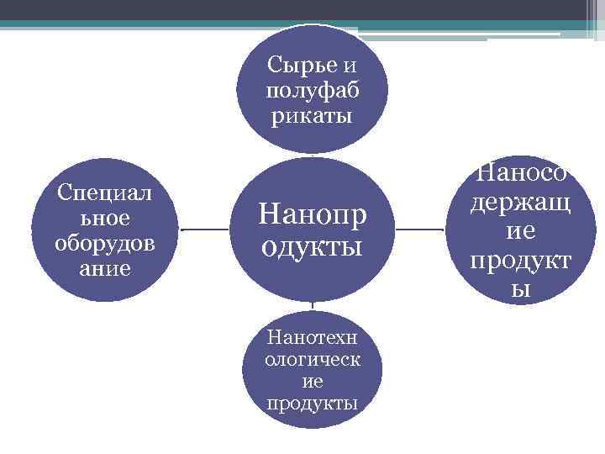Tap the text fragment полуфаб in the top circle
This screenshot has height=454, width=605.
tap(312, 89)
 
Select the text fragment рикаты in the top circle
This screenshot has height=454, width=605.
tap(312, 114)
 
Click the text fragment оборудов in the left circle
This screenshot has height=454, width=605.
tap(106, 244)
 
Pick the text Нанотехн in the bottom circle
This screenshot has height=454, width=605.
tap(312, 338)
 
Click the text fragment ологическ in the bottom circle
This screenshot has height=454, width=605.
tap(312, 360)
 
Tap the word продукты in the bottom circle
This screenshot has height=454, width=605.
tap(312, 403)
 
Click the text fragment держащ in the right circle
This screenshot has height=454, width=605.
tap(522, 203)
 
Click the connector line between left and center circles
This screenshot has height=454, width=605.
tap(205, 229)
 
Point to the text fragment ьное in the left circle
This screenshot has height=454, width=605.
tap(106, 218)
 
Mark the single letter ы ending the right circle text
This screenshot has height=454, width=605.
tap(522, 289)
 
